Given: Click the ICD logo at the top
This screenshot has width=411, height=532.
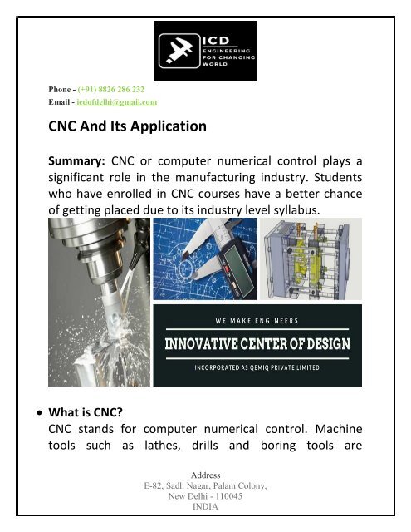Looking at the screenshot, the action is click(x=206, y=51).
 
